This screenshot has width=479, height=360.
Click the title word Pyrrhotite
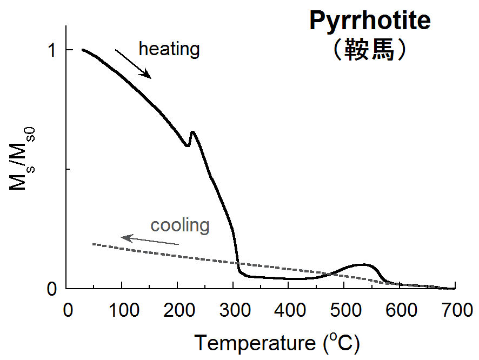click(370, 21)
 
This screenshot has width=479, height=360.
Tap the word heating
click(169, 49)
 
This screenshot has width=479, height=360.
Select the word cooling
click(179, 225)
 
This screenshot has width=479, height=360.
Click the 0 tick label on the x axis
click(67, 311)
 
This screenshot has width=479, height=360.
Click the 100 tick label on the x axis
click(122, 311)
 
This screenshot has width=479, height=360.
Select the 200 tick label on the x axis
click(178, 311)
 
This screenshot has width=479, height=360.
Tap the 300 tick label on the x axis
click(234, 311)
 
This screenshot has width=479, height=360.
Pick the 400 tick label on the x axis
click(289, 311)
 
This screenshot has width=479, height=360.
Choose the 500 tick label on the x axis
click(344, 311)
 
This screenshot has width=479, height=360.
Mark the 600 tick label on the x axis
click(400, 311)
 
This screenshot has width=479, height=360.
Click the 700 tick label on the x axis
click(455, 311)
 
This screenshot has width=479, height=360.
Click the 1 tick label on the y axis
click(53, 50)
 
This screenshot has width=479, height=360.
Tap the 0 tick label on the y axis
click(53, 289)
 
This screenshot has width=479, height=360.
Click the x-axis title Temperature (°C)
click(276, 343)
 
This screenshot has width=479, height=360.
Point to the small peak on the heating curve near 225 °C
click(192, 132)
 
